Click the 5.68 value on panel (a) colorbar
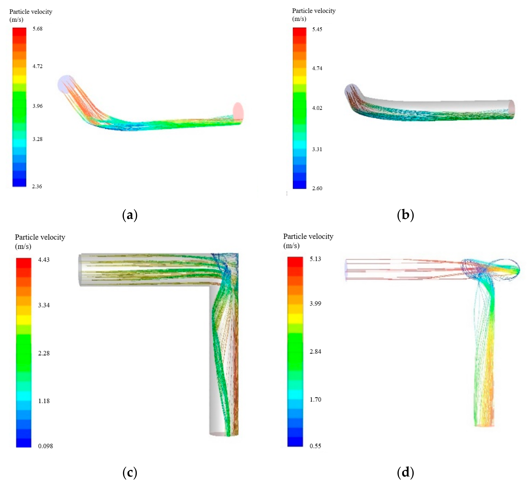point(37,29)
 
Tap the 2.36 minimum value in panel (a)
point(37,186)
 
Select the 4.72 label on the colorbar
point(37,66)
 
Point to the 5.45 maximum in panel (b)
point(317,29)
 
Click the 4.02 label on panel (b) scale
point(317,108)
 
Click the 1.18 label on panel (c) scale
point(44,401)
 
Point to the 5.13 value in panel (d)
point(315,259)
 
